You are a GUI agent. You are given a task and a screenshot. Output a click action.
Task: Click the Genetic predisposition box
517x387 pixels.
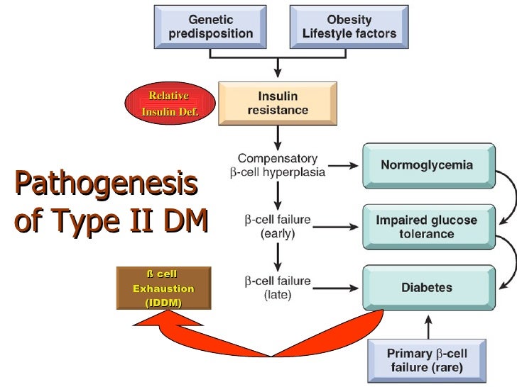click(x=211, y=27)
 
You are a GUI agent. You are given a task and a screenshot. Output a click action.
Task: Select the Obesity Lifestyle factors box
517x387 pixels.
click(x=344, y=27)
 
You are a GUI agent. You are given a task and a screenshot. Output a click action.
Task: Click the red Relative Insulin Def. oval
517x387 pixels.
click(x=169, y=104)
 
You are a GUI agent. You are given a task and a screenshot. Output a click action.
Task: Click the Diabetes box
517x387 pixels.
click(x=427, y=288)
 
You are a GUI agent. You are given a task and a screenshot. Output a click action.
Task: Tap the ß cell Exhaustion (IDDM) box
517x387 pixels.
click(x=163, y=288)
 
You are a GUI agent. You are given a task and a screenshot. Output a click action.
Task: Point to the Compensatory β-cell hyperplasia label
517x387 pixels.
click(x=278, y=165)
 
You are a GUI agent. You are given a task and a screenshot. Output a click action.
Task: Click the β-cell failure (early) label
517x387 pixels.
click(x=278, y=227)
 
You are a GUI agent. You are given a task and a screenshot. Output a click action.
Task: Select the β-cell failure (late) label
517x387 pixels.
click(x=278, y=288)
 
